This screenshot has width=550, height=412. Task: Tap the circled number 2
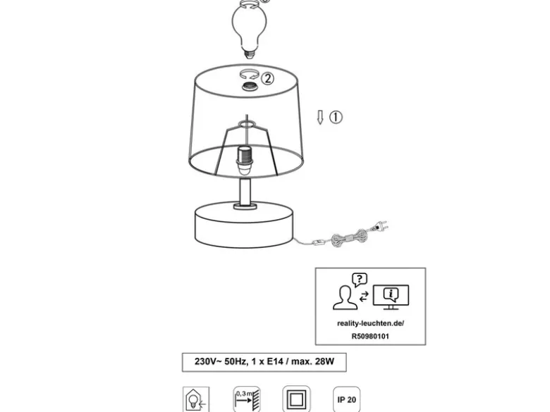click(x=267, y=78)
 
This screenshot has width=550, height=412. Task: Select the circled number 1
click(x=336, y=117)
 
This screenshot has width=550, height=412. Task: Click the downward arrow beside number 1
click(x=320, y=118)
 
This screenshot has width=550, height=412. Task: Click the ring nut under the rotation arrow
click(x=250, y=86)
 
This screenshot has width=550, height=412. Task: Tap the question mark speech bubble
click(x=360, y=280)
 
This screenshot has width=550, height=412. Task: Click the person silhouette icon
click(x=345, y=297)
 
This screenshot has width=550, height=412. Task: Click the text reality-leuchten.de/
click(x=370, y=323)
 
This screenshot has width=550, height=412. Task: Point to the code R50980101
click(x=370, y=337)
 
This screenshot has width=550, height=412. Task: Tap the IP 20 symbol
click(x=346, y=400)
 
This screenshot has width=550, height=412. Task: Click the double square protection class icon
click(x=296, y=399)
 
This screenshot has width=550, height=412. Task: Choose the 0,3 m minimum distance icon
click(x=247, y=399)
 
